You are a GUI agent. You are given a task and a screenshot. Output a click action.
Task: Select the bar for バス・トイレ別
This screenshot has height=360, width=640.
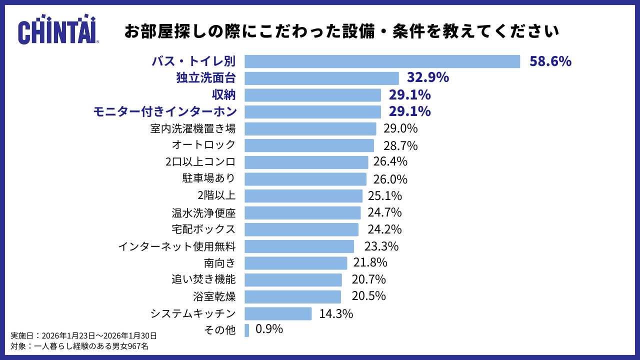tap(382, 61)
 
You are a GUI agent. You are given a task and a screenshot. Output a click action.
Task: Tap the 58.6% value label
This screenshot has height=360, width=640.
tap(550, 61)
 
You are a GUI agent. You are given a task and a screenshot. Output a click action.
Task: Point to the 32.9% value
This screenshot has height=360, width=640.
tap(427, 78)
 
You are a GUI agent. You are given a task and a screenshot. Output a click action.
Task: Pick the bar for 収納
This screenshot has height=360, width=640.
tap(312, 95)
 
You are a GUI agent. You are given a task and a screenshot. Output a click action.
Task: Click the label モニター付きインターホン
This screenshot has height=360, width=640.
tap(164, 111)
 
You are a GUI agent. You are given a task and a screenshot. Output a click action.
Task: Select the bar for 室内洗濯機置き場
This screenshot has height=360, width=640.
tap(310, 128)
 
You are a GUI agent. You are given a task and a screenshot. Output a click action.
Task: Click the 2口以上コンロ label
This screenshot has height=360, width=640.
tap(200, 162)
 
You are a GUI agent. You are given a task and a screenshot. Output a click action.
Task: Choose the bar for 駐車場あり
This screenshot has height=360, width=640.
tap(305, 179)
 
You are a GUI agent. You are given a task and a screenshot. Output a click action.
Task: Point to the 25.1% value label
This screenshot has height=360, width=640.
tap(385, 195)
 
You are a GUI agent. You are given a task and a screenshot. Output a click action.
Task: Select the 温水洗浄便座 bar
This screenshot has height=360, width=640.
tap(302, 212)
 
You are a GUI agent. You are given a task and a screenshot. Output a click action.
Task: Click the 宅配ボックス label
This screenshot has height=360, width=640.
tap(203, 229)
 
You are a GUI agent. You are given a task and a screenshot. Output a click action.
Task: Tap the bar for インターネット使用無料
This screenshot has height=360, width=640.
tap(299, 246)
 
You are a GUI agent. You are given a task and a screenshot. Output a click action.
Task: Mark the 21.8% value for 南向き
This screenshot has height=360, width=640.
tap(370, 262)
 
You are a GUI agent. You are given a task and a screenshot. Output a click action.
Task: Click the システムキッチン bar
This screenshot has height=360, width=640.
tap(278, 313)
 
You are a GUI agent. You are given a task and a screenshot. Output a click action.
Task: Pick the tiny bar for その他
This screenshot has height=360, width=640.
tap(246, 330)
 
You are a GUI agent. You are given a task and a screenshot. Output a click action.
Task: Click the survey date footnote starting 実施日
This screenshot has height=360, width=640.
tap(83, 335)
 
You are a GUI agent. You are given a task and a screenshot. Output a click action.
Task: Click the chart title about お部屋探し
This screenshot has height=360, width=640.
tap(341, 31)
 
